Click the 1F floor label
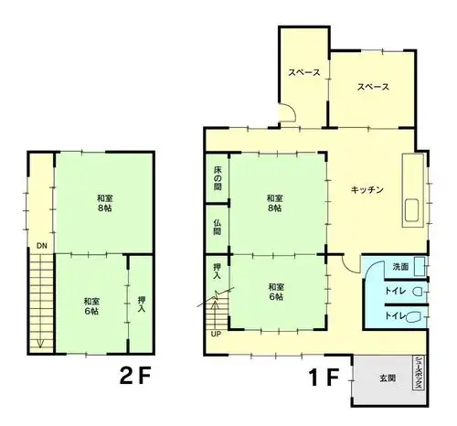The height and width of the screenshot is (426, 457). (x=324, y=378)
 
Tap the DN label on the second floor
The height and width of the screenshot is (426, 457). (x=42, y=246)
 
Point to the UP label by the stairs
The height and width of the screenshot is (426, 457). (x=216, y=334)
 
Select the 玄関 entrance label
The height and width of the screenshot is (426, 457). (x=388, y=378)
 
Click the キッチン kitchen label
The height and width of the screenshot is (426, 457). (x=367, y=190)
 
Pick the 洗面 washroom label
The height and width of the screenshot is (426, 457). (x=400, y=267)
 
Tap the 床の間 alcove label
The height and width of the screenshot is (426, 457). (x=218, y=178)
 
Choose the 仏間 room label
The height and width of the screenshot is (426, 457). (x=218, y=228)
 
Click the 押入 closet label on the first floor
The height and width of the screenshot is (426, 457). (x=218, y=272)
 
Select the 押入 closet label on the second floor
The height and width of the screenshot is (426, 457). (x=142, y=304)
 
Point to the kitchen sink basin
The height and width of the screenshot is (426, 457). (x=411, y=210)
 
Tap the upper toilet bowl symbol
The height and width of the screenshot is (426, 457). (x=417, y=292)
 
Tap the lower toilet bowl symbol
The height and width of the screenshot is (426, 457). (x=412, y=317)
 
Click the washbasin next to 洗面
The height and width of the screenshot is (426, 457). (x=420, y=267)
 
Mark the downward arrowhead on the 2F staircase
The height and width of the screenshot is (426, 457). (x=40, y=344)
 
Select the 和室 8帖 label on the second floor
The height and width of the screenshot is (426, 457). (x=105, y=203)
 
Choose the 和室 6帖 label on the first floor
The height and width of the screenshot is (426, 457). (x=276, y=292)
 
